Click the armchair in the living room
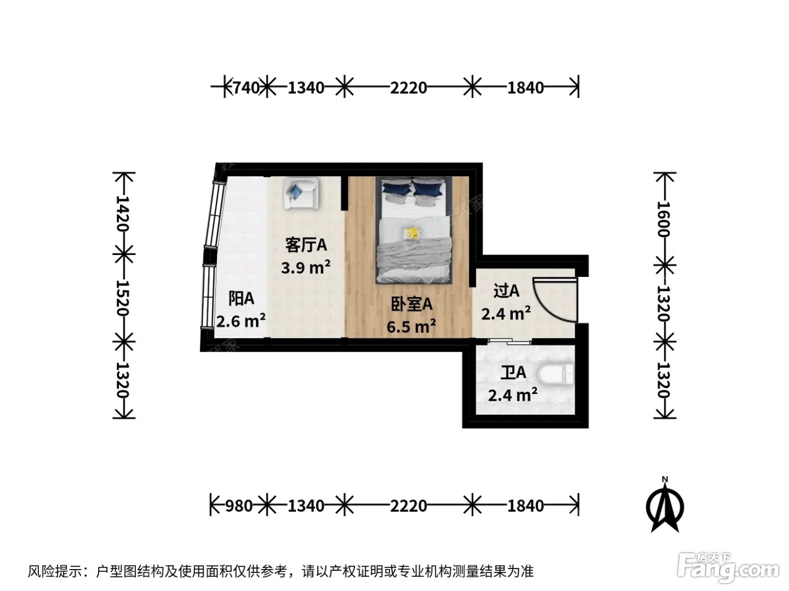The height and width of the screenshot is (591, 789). [300, 194]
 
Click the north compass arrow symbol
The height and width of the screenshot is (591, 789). [664, 507]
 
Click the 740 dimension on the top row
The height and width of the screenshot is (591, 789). [247, 88]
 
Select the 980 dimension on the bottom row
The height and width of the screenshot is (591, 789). [239, 506]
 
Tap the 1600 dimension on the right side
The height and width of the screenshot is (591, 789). [664, 219]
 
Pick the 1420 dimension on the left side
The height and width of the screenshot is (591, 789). [122, 213]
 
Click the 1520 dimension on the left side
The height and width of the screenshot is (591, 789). [122, 298]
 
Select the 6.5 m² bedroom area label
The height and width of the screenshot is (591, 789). [411, 326]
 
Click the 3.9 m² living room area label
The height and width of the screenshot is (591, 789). [305, 268]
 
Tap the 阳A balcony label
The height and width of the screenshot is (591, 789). [241, 298]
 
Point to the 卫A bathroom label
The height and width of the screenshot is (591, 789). [513, 373]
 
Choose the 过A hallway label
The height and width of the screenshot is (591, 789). [506, 291]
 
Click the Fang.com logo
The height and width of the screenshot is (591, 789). [728, 570]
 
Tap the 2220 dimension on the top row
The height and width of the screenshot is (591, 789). [409, 88]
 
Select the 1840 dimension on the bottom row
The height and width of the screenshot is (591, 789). [525, 506]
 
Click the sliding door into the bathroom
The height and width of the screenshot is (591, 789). [509, 341]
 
